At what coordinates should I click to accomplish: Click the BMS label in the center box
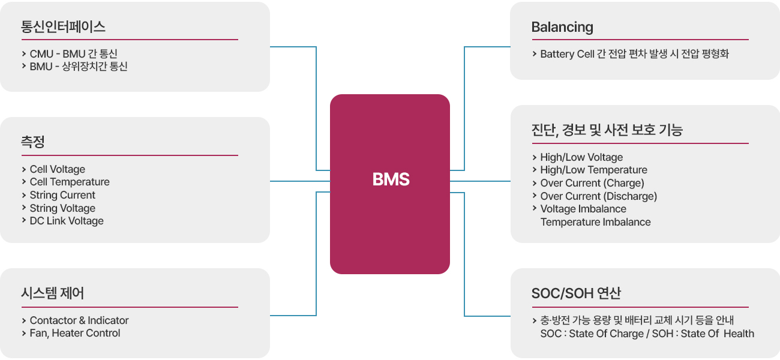point(391,179)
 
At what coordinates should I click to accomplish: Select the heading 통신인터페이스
point(63,27)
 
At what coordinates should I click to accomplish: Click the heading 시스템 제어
point(52,293)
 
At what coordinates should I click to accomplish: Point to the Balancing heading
point(562,27)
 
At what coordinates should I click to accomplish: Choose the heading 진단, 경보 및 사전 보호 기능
point(607,130)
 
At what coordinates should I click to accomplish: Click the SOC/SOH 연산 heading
point(576,293)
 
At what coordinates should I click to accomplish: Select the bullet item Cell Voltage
point(58,169)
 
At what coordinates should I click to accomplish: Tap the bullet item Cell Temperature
point(70,182)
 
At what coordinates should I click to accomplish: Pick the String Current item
point(62,195)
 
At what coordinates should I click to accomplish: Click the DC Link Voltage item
point(67,221)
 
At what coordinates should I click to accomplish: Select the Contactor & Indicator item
point(79,320)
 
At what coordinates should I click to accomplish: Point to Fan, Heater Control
point(75,333)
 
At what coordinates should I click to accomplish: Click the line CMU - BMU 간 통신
point(73,54)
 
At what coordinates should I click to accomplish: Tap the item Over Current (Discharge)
point(598,196)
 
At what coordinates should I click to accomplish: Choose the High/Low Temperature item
point(593,170)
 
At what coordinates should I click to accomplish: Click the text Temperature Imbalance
point(595,222)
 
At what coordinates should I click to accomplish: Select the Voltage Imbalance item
point(583,209)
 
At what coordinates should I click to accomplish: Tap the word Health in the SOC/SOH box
point(739,334)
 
